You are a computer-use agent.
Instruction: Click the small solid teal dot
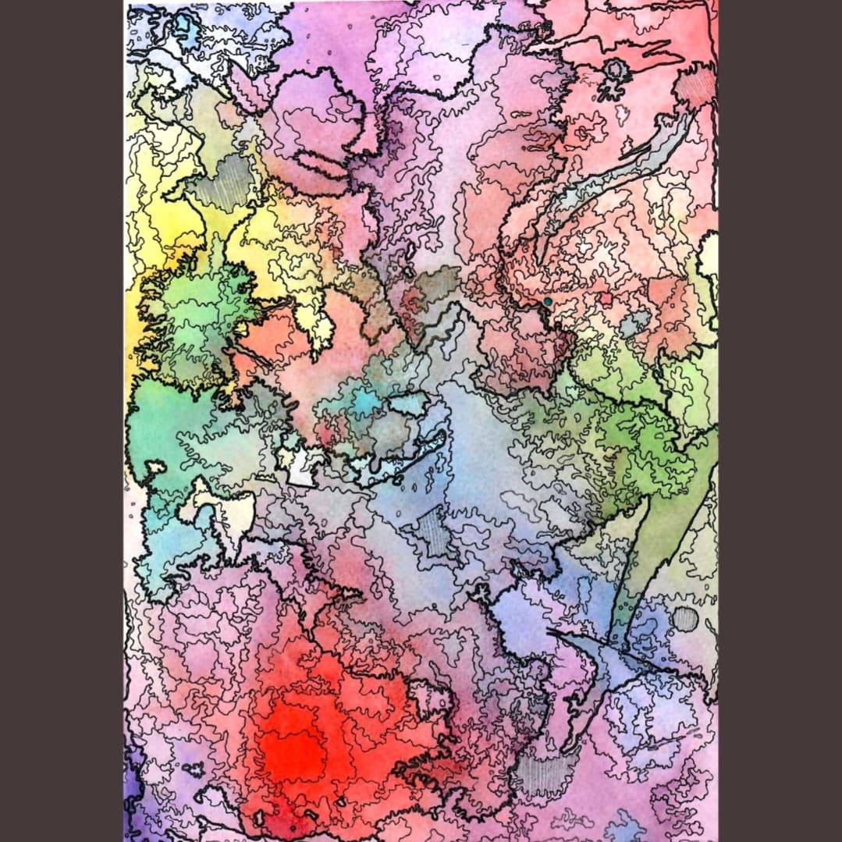tap(548, 301)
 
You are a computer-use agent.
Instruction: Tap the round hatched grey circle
tap(684, 619)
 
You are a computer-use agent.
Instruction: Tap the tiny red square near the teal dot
tap(606, 299)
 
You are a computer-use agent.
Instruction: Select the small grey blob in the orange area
tap(636, 322)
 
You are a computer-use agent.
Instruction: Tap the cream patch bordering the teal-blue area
tap(226, 511)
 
